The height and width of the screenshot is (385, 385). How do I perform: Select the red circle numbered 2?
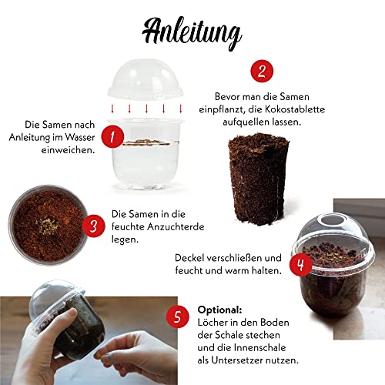(262, 72)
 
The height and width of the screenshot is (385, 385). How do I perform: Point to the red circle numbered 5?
(176, 315)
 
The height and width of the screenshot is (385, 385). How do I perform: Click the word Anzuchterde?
(176, 227)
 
